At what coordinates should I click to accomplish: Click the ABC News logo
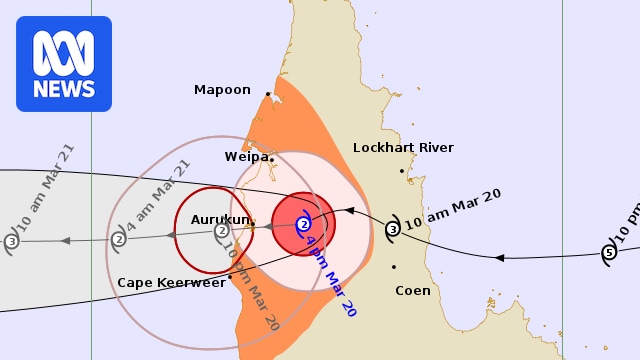64,63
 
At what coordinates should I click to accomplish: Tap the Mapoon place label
222,90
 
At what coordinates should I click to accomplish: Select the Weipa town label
246,157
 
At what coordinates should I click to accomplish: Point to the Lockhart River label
403,148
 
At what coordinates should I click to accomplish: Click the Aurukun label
218,218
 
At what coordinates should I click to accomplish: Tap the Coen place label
412,291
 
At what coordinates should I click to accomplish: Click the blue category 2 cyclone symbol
303,224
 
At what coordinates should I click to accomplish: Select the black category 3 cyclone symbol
393,229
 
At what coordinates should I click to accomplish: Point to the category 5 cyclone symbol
609,252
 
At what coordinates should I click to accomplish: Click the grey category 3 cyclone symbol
11,241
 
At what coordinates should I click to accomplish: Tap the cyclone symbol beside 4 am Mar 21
118,238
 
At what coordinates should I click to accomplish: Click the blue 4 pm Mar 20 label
331,277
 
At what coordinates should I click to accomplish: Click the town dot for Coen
394,267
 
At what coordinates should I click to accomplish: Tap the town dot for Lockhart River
402,171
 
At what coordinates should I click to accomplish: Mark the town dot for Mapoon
268,95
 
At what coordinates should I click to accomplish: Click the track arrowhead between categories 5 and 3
499,258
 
